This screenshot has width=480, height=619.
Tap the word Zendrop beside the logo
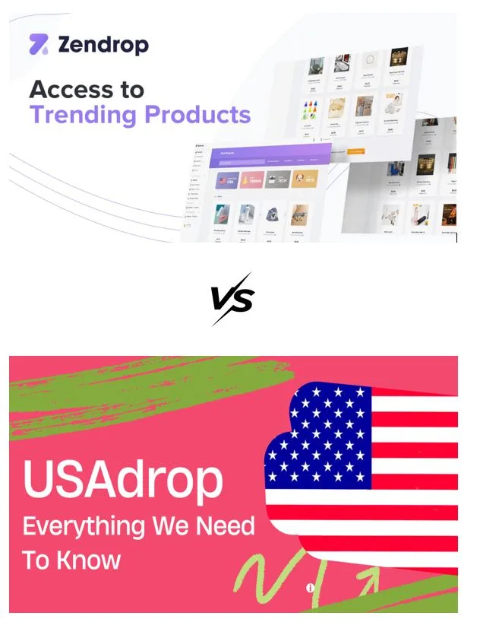coord(103,45)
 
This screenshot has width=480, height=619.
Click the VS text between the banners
coord(232,299)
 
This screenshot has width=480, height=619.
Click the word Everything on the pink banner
coord(85,525)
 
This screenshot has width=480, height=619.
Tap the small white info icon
coord(310,588)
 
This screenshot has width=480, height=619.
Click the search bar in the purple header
coord(242,161)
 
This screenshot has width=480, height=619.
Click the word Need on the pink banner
coord(225,525)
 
